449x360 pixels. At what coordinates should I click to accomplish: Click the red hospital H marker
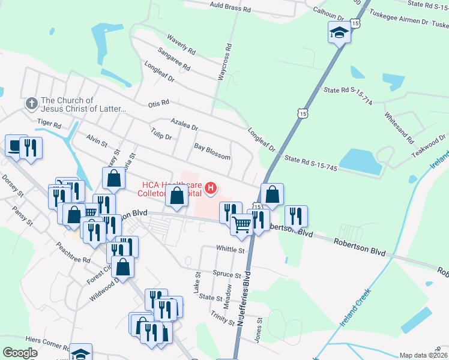click(210, 188)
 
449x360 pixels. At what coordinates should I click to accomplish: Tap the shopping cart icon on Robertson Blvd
click(241, 225)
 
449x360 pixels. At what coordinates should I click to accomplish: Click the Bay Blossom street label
click(212, 151)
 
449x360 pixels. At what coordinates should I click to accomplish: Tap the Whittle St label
click(231, 250)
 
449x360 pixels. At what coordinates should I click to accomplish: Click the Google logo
click(20, 353)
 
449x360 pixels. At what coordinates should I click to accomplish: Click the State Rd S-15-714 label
click(348, 96)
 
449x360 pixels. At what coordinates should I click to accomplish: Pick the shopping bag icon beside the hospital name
click(176, 196)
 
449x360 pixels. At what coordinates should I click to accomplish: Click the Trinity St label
click(223, 319)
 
